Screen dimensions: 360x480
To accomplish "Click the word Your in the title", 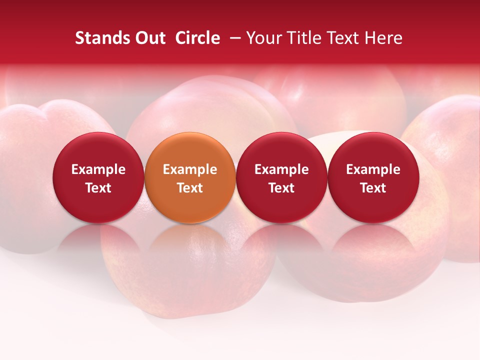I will click(x=262, y=38).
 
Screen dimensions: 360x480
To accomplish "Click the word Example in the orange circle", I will click(x=190, y=170).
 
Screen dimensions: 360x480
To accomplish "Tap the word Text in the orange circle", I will click(x=190, y=188).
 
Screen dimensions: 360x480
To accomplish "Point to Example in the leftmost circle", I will click(x=98, y=170).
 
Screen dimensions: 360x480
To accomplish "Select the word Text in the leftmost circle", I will click(x=98, y=188).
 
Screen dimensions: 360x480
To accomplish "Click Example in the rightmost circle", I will click(x=373, y=170).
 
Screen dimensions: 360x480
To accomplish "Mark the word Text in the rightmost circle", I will click(x=373, y=188).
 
